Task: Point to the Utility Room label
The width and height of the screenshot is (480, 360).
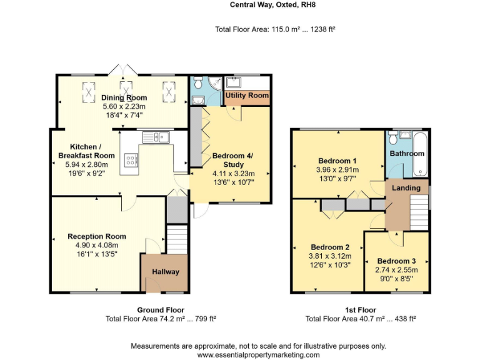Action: point(247,96)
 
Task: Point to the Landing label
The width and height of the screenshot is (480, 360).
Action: point(406,187)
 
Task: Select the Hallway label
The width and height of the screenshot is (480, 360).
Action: point(166,272)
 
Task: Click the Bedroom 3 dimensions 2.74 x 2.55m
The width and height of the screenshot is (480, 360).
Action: point(396,270)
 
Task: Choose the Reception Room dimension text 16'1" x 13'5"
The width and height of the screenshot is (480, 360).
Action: point(97,254)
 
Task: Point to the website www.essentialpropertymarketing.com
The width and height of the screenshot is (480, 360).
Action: point(258,354)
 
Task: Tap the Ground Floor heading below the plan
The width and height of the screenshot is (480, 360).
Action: point(161,309)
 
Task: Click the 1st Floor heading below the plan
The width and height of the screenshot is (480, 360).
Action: point(360,309)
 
